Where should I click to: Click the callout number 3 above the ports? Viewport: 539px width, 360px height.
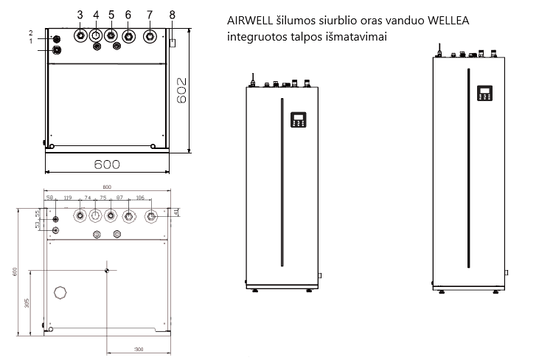point(80,15)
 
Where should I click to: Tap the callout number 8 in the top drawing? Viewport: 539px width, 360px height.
point(172,15)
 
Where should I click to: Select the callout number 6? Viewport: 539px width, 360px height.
point(128,15)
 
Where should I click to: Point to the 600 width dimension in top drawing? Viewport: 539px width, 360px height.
point(107,164)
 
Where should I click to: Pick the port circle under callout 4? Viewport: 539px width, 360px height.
point(95,35)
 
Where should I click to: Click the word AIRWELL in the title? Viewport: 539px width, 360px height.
point(251,21)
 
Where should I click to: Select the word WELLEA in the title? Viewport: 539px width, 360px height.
point(467,21)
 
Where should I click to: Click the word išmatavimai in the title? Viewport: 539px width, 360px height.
point(359,36)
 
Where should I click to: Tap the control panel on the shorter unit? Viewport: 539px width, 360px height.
point(298,120)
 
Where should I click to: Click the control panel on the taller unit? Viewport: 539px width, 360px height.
point(484,93)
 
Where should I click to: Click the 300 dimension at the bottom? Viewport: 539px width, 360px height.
point(138,348)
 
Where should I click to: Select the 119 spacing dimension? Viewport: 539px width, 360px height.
point(67,198)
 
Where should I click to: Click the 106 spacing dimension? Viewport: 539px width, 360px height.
point(140,198)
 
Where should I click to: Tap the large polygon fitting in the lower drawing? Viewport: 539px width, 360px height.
point(60,292)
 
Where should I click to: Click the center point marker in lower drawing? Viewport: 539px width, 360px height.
point(107,269)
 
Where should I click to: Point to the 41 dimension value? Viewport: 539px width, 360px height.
point(177,212)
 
